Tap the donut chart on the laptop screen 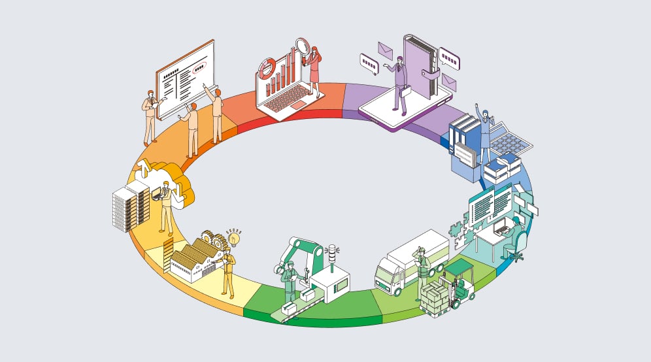pyautogui.click(x=267, y=69)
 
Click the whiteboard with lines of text pyautogui.click(x=185, y=78)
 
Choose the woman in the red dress pyautogui.click(x=314, y=65)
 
